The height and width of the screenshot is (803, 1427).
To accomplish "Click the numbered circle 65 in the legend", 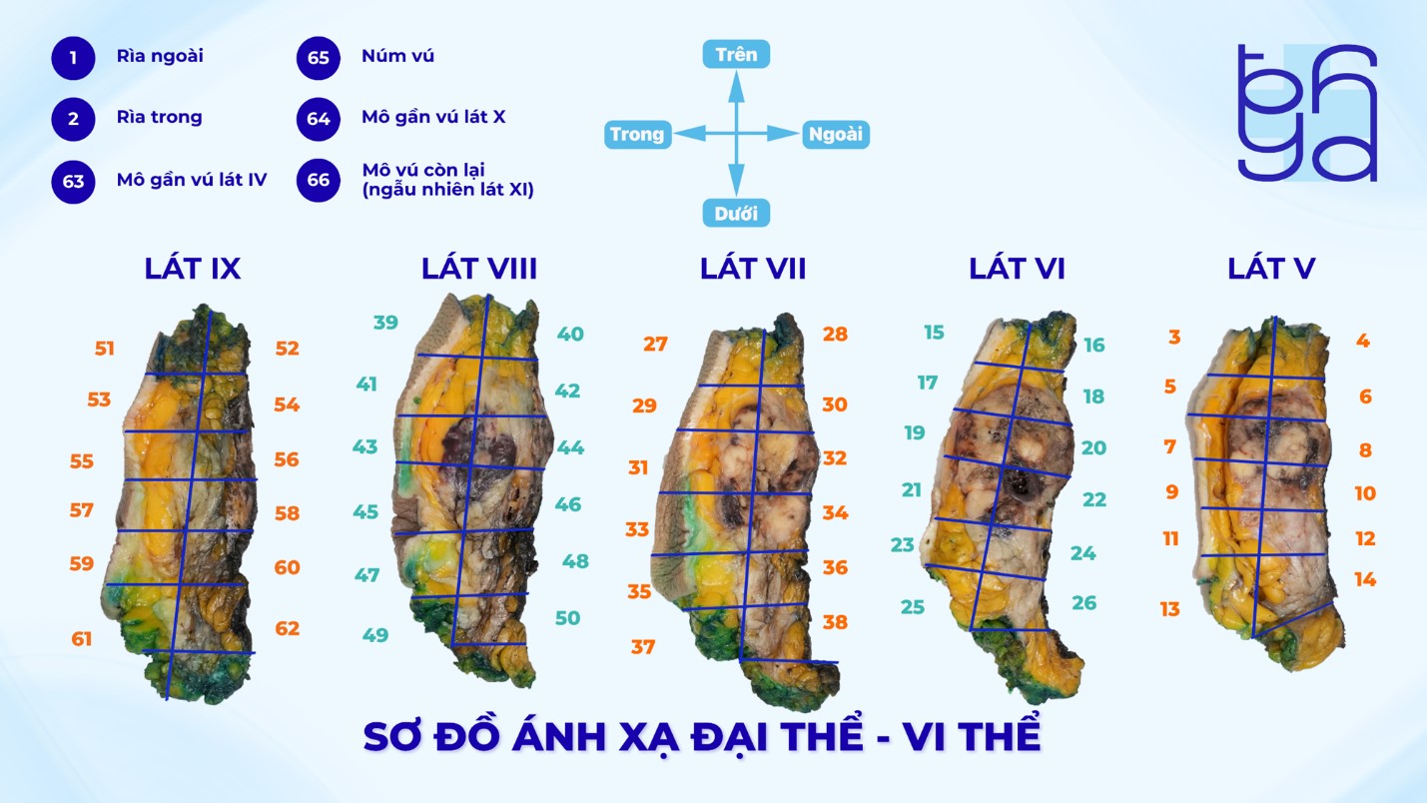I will click(318, 58).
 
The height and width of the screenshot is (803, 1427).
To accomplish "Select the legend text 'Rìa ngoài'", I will click(160, 56).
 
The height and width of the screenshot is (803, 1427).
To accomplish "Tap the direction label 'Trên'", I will click(736, 54).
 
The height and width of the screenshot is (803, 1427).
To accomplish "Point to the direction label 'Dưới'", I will click(736, 213).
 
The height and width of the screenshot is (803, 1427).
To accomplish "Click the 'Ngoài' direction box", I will click(835, 135).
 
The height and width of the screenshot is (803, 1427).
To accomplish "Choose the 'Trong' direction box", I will click(637, 135).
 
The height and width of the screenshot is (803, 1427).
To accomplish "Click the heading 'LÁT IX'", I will click(193, 269).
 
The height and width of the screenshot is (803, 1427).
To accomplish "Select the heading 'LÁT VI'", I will click(1017, 269).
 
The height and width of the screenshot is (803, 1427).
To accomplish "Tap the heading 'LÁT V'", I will click(1271, 269).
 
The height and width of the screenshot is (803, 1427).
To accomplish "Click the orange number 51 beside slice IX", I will click(105, 349).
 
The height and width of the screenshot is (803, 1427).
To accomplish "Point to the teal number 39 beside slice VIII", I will click(385, 323).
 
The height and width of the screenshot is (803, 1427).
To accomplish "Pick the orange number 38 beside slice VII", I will click(835, 622).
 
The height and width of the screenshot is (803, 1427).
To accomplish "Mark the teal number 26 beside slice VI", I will click(1083, 603).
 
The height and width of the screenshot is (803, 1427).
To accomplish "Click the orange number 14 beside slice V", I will click(1365, 580).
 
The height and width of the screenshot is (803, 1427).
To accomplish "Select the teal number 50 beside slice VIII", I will click(567, 618).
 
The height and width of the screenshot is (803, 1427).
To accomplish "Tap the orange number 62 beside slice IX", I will click(288, 629).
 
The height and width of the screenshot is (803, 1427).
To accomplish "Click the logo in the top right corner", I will click(1307, 113).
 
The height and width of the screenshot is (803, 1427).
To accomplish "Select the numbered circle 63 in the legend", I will click(73, 183).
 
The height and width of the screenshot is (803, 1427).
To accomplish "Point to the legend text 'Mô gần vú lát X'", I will click(433, 117).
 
